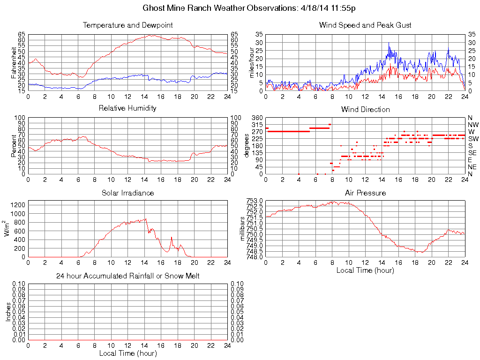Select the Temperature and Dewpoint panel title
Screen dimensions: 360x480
click(x=127, y=25)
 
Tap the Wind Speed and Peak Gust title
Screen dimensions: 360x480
click(x=365, y=25)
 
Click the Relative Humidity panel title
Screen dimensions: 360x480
click(x=127, y=108)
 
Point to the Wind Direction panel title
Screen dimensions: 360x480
click(x=365, y=109)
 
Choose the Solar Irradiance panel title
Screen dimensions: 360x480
click(x=127, y=193)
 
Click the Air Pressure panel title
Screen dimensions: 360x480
click(x=365, y=193)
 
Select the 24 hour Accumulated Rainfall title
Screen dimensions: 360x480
click(x=127, y=276)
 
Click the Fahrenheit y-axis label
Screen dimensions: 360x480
click(x=14, y=63)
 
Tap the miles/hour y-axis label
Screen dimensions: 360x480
click(x=251, y=63)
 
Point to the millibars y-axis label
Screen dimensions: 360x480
click(x=243, y=229)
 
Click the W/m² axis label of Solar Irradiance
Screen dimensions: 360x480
click(x=7, y=229)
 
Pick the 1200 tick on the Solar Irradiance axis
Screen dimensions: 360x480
click(x=18, y=204)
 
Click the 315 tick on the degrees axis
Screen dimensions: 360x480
click(x=257, y=125)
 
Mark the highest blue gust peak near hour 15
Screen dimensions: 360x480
click(x=389, y=43)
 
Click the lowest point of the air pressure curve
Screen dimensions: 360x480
click(x=421, y=252)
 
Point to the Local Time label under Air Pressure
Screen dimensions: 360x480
click(x=365, y=270)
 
